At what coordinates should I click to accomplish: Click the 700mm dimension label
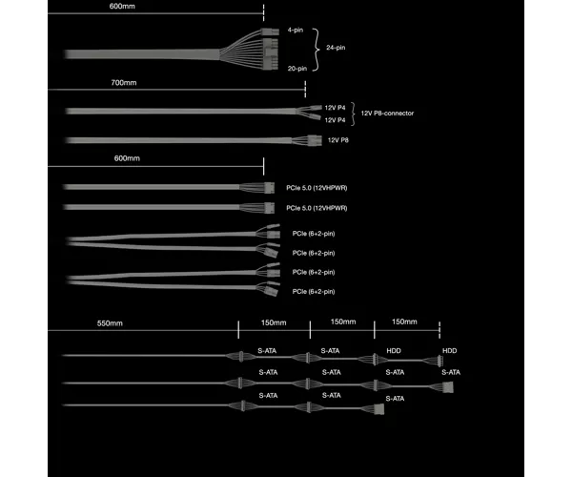coord(124,83)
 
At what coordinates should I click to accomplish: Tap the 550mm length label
coord(110,323)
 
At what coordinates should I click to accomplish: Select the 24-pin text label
coord(336,48)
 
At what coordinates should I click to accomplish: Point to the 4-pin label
coord(296,30)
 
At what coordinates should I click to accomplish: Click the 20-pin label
coord(296,69)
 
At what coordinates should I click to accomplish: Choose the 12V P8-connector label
coord(387,114)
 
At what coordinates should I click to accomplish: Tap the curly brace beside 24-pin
coord(317,49)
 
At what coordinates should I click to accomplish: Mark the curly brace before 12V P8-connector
coord(353,114)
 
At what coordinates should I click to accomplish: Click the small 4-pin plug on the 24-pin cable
coord(271,31)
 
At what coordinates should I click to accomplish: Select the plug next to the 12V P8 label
coord(315,140)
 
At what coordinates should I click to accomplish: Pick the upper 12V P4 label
coord(335,108)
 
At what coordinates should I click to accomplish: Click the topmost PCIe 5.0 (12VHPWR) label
coord(317,188)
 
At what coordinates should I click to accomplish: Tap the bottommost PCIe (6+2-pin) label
coord(314,292)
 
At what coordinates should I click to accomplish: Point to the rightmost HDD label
coord(449,351)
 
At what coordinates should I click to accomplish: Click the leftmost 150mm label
coord(274,322)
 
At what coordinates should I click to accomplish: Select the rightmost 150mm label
coord(404,321)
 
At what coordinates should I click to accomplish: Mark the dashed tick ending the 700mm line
coord(305,89)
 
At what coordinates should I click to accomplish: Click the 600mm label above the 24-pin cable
coord(122,7)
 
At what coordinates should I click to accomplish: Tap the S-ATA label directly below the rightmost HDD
coord(451,372)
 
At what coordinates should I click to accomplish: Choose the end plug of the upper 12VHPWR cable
coord(269,188)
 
